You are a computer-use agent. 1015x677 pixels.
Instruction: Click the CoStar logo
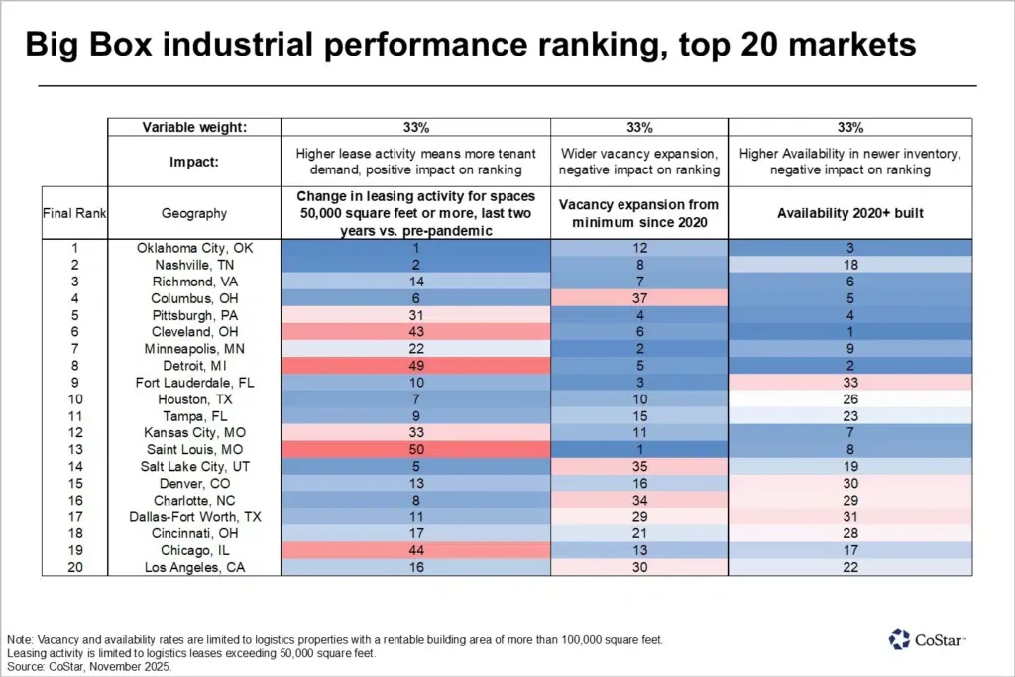pos(927,640)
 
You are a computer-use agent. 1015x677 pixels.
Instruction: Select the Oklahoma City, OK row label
pos(194,248)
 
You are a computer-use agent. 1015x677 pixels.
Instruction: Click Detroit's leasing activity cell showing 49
pos(415,365)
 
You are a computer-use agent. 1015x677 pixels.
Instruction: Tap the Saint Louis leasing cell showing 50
pos(415,449)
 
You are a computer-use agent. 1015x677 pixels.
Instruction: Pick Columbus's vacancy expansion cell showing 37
pos(639,298)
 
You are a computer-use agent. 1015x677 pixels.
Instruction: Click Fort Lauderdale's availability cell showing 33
pos(849,382)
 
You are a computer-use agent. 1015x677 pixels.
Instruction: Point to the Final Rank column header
pos(74,212)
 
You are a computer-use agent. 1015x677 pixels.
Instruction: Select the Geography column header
pos(194,212)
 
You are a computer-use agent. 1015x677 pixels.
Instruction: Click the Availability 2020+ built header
pos(849,212)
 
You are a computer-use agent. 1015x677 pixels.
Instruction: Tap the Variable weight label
pos(194,127)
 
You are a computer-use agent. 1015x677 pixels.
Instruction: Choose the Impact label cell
pos(194,161)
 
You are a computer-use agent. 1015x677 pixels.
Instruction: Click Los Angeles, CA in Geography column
pos(194,567)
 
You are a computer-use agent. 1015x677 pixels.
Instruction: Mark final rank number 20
pos(74,567)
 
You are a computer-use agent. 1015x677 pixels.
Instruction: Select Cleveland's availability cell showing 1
pos(849,331)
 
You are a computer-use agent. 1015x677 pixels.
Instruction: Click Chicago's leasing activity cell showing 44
pos(415,550)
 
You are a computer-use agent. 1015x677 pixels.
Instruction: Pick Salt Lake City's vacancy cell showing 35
pos(639,466)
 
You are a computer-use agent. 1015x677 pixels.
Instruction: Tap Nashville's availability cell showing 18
pos(849,265)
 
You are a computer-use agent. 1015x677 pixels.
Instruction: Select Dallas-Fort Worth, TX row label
pos(194,516)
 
